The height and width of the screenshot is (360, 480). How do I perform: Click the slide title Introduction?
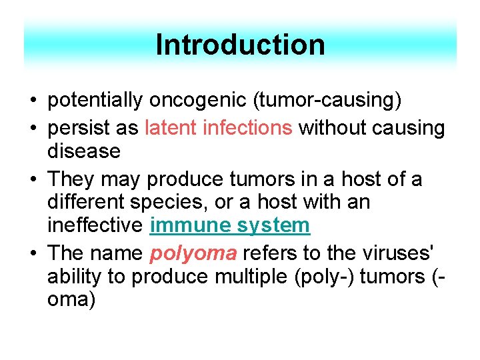tap(240, 45)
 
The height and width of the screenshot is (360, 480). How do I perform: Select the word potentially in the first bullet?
tap(95, 101)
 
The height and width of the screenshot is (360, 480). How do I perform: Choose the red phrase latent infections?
tap(219, 127)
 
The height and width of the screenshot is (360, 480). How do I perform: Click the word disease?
tap(83, 151)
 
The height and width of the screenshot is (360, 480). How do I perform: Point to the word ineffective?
tap(95, 226)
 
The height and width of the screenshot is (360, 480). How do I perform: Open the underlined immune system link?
tap(230, 226)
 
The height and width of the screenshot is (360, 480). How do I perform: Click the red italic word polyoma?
tap(193, 253)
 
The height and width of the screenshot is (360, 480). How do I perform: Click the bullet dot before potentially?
tap(33, 101)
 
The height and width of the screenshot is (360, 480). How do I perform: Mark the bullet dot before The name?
tap(33, 254)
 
